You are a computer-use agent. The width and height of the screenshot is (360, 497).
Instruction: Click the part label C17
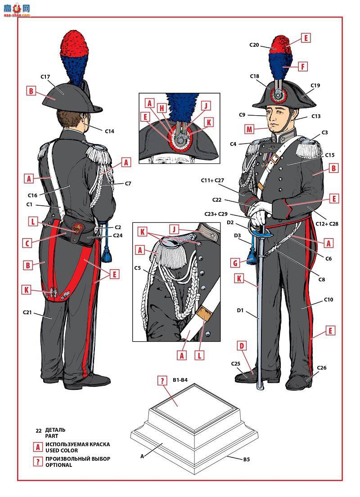pos(45,77)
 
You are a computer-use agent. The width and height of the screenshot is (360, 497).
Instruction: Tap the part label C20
pos(254,45)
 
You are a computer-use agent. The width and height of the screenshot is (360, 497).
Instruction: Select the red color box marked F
pos(303,67)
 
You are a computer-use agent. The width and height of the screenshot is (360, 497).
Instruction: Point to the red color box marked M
pos(249,129)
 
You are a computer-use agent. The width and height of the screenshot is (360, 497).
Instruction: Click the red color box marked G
pos(235,263)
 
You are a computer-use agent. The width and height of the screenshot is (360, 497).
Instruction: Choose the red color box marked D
pos(242,345)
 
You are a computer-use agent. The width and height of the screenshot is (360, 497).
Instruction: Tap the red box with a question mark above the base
pos(162,380)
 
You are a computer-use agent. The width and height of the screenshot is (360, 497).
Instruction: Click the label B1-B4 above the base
pos(180,380)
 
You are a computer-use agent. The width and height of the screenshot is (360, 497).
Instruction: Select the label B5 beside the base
pos(247,459)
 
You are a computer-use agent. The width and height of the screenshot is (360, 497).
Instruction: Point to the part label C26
pos(322,368)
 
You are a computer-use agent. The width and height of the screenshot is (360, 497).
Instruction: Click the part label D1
pos(240,310)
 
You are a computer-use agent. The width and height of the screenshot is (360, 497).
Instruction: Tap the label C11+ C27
pos(212,181)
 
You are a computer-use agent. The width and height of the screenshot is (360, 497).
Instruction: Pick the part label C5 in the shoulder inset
pos(137,268)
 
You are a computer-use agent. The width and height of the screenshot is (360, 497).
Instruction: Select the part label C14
pos(110,131)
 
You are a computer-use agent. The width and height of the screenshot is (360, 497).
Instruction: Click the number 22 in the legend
pos(39,431)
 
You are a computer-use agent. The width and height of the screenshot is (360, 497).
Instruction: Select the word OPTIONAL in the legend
pos(58,465)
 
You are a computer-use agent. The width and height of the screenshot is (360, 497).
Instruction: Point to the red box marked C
pos(27,244)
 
